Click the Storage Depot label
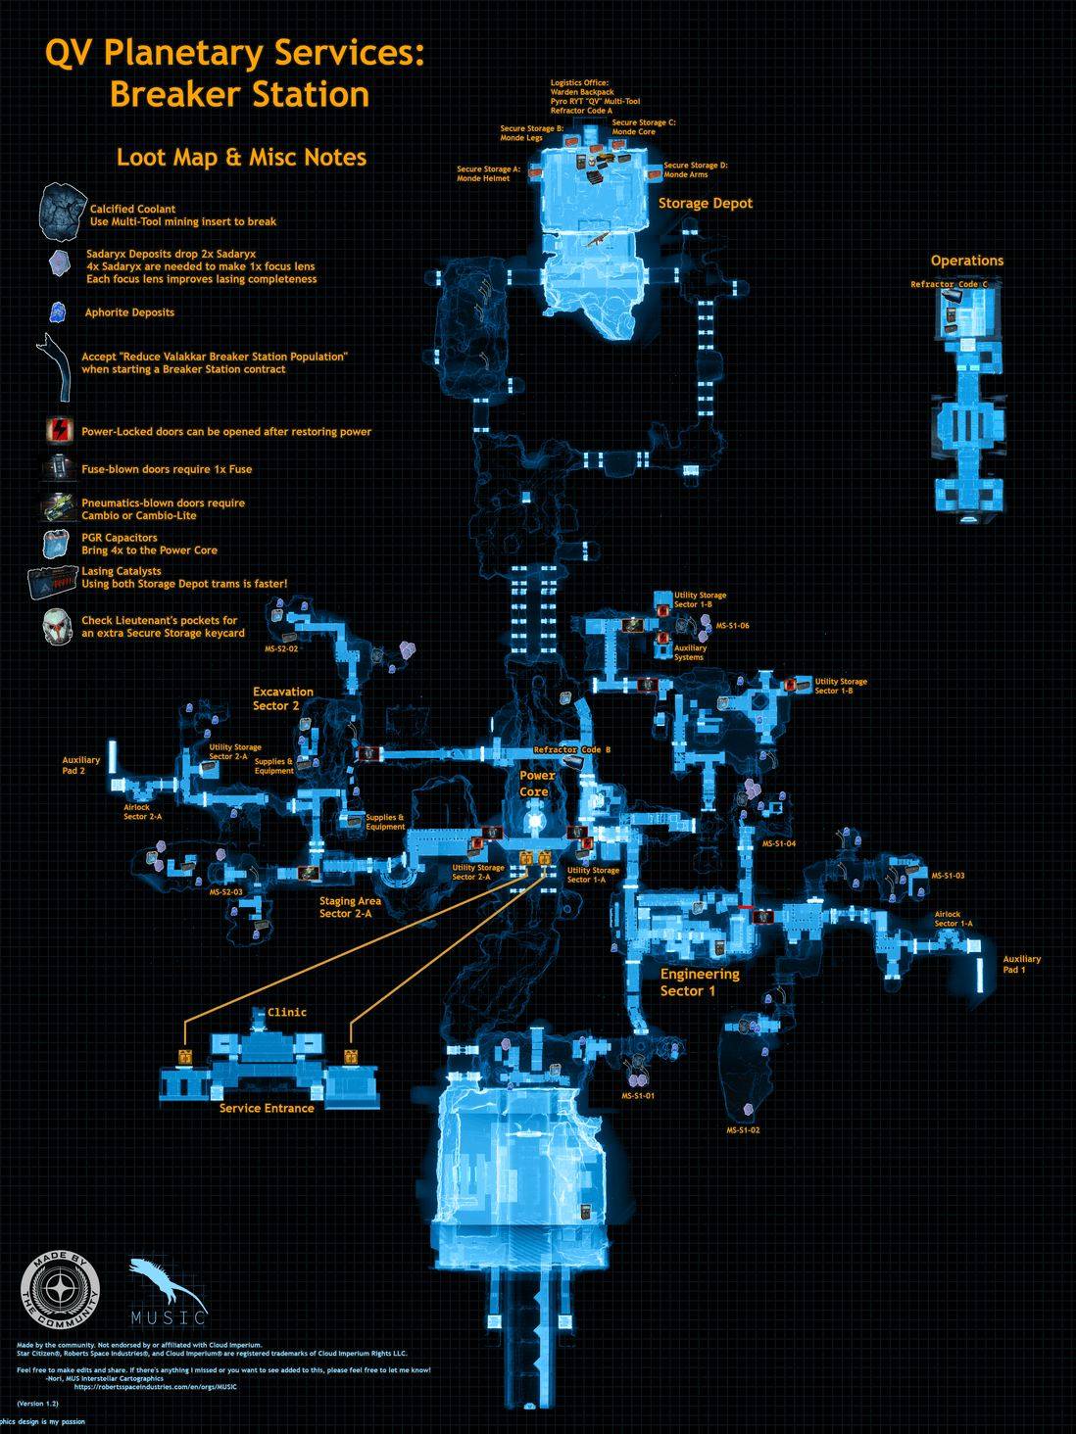click(x=705, y=204)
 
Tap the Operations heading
click(x=966, y=261)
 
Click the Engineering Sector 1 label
click(x=699, y=982)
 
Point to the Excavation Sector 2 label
click(x=282, y=698)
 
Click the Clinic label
click(x=287, y=1013)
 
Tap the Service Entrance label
click(x=267, y=1108)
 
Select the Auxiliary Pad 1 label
click(x=1021, y=965)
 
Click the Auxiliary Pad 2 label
click(x=80, y=765)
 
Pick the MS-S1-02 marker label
click(x=743, y=1130)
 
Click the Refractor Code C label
click(x=949, y=284)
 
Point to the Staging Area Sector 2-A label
click(x=349, y=907)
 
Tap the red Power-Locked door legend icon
click(x=60, y=430)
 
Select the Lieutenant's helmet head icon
click(x=58, y=626)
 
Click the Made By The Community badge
click(x=61, y=1291)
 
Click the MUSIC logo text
click(x=169, y=1317)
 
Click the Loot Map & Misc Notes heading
click(x=241, y=158)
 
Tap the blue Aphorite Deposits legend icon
click(x=58, y=312)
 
